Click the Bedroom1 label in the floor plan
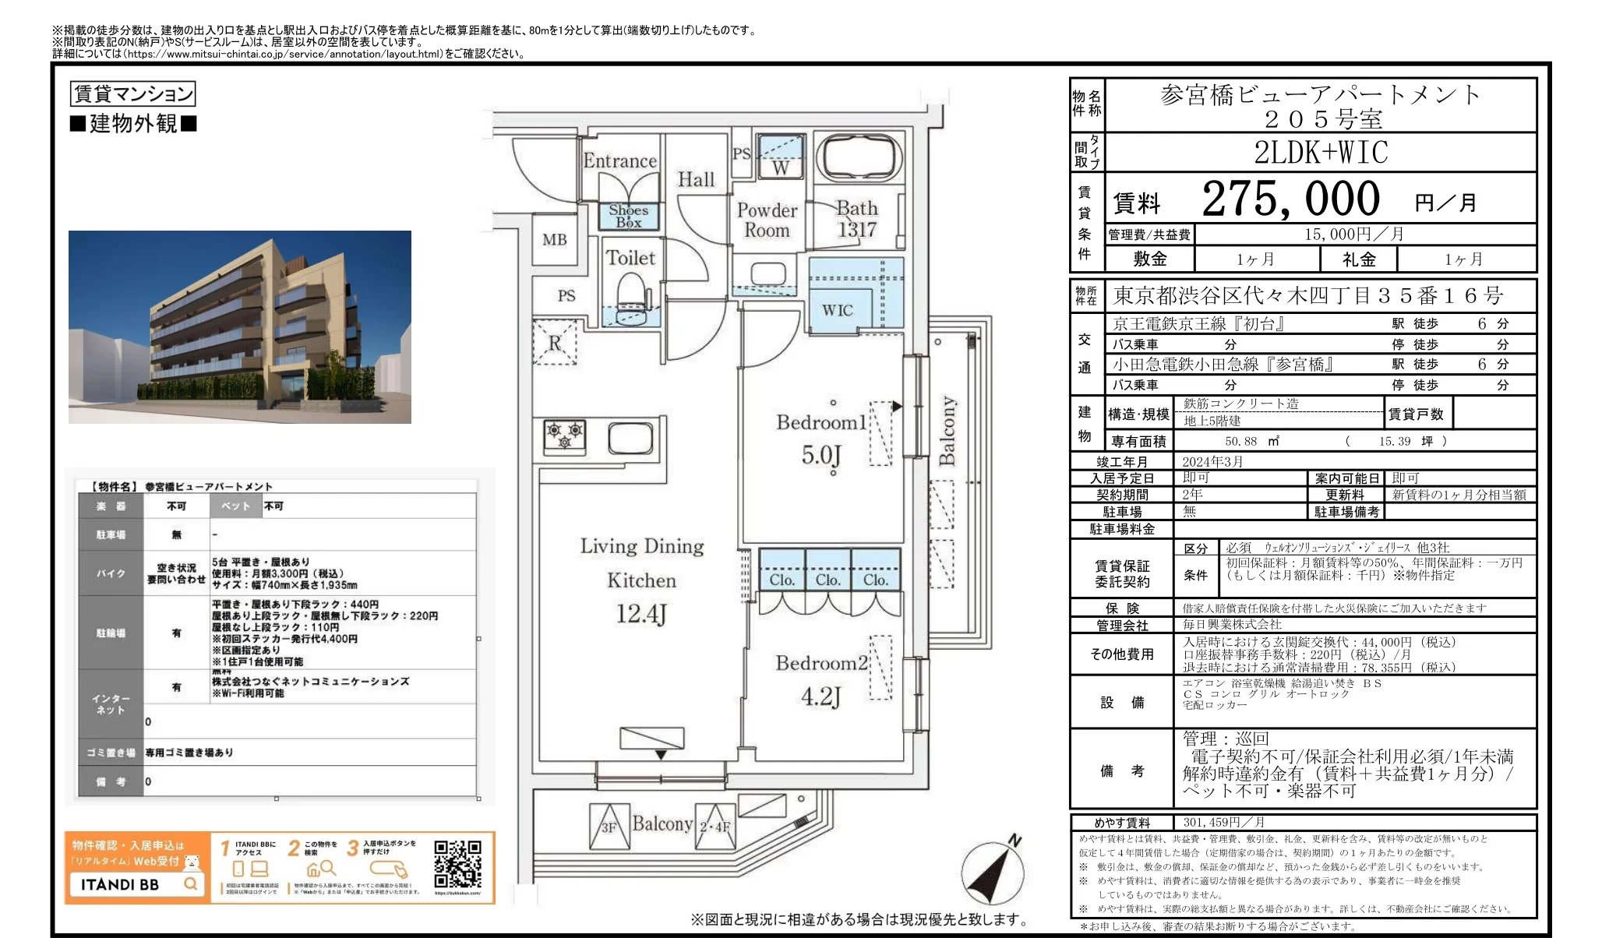click(x=821, y=422)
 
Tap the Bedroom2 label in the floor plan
click(x=821, y=663)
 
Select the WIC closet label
click(x=838, y=310)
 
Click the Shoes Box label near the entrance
click(x=628, y=216)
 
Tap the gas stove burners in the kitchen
click(x=565, y=436)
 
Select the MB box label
click(x=555, y=240)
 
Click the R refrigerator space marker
click(x=555, y=343)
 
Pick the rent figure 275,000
click(x=1290, y=199)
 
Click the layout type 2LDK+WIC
click(x=1321, y=153)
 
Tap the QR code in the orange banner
click(x=457, y=863)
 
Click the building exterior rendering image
click(x=239, y=327)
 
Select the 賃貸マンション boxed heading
click(x=132, y=94)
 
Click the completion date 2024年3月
click(x=1212, y=461)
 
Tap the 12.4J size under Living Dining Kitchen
click(x=641, y=614)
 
